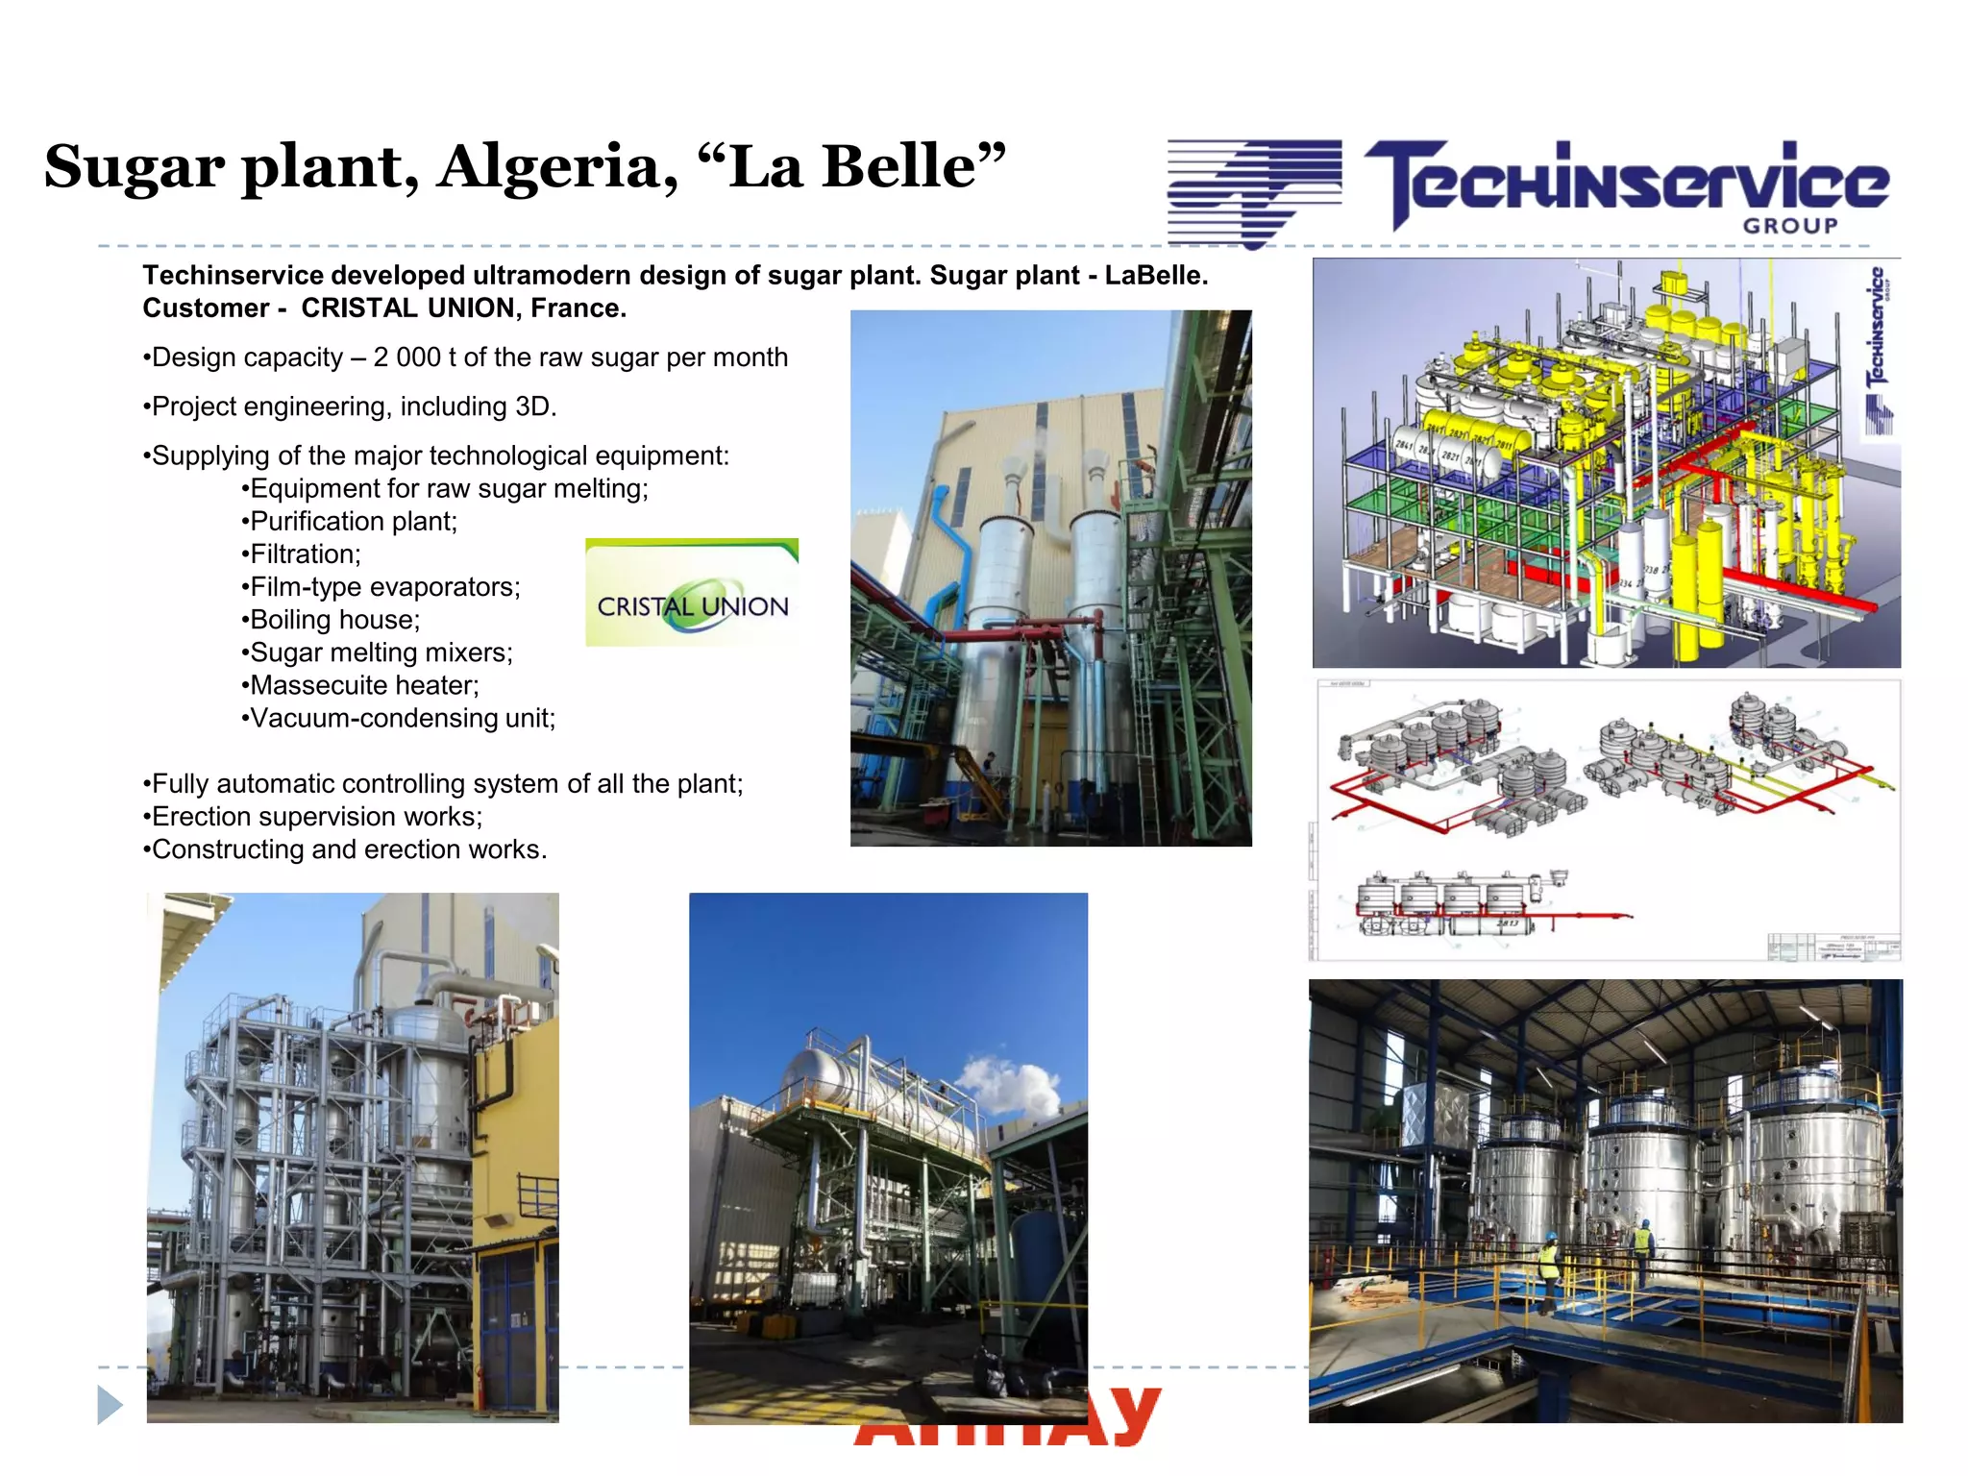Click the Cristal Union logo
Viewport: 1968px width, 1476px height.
[692, 594]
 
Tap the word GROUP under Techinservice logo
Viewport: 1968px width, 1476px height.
[1790, 226]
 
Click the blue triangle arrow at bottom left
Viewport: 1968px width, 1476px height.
[110, 1405]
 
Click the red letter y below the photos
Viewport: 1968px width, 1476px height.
[1134, 1413]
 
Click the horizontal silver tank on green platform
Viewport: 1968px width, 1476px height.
[865, 1086]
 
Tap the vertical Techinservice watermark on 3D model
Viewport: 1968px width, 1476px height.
[1877, 346]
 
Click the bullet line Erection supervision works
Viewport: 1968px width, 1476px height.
[316, 817]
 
